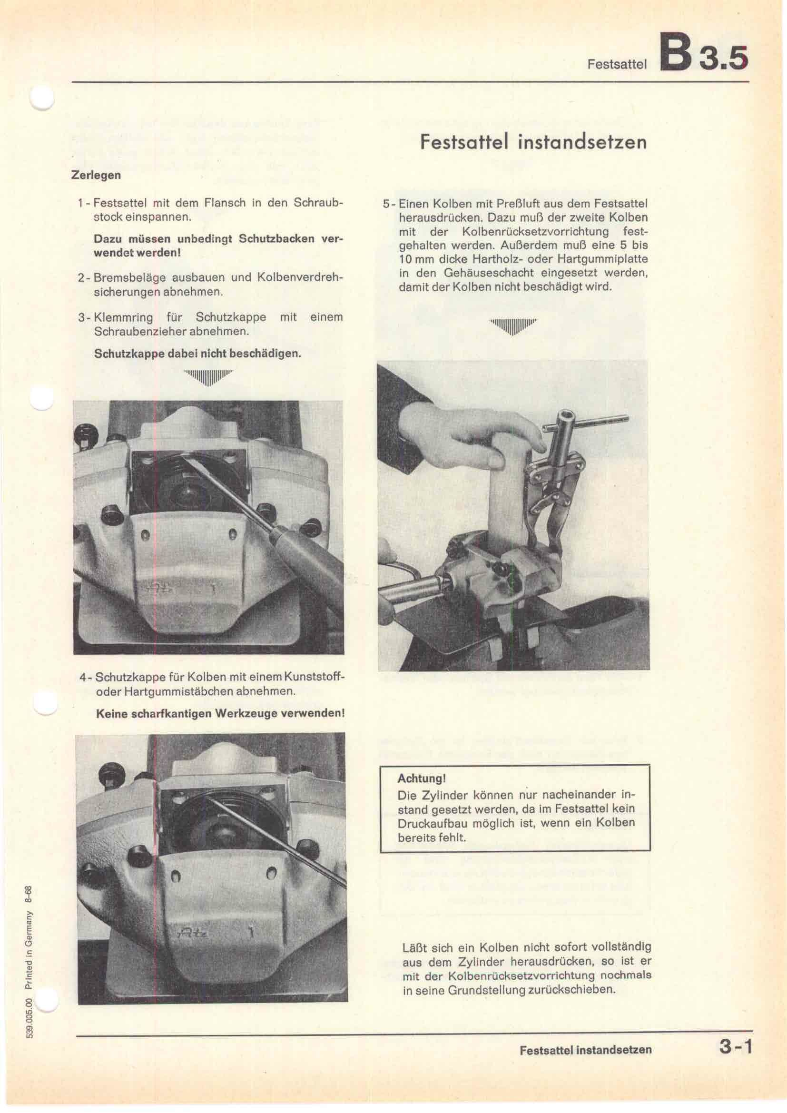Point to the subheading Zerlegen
96,176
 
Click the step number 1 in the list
80,203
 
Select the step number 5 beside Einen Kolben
386,204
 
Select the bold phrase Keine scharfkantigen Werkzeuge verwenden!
220,714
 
